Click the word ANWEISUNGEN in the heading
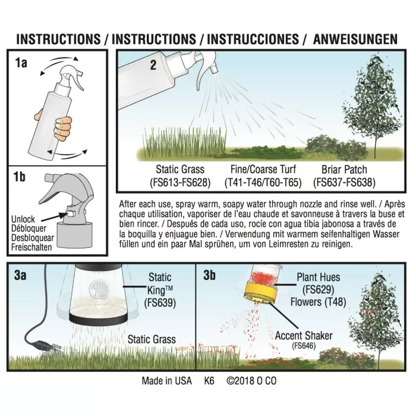coord(355,39)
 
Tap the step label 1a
coord(21,63)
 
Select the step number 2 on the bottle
coord(153,65)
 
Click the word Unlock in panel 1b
coord(23,219)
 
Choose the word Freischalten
coord(31,247)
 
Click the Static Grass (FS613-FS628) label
coord(180,176)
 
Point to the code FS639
coord(160,302)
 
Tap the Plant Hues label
coord(318,278)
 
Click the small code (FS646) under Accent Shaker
coord(304,346)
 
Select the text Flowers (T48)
coord(318,302)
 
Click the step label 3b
coord(209,275)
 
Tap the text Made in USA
coord(166,381)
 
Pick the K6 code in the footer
coord(209,381)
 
